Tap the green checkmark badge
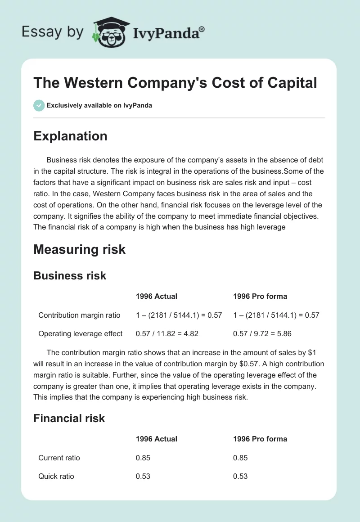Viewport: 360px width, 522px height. pos(39,105)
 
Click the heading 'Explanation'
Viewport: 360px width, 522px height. pos(70,136)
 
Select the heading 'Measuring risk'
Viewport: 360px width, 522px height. pos(80,249)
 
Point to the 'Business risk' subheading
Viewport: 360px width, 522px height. pos(70,275)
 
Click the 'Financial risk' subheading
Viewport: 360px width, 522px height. pos(69,418)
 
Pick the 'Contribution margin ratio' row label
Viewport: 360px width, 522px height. pos(79,315)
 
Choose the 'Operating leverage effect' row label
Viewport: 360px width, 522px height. pos(81,333)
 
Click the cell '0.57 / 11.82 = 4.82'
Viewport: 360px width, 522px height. pos(167,333)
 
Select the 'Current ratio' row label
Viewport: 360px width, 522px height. pos(59,458)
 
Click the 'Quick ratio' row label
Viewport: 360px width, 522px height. pos(56,476)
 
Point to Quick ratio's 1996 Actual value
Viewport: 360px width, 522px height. pos(143,476)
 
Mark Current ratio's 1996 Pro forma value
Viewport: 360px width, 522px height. pos(240,458)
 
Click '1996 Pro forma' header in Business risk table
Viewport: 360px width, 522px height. pos(260,296)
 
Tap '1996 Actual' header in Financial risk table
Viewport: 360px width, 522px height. pos(156,439)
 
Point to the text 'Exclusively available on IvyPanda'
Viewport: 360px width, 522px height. pos(99,105)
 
